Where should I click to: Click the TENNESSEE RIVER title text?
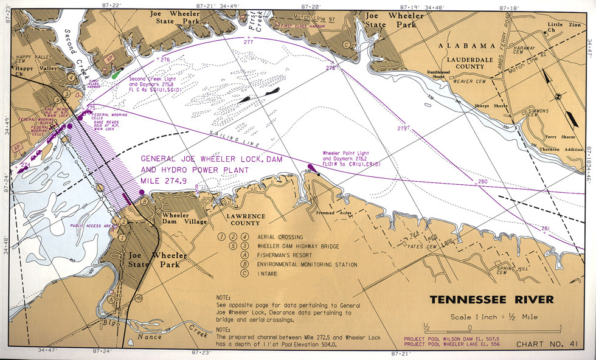click(492, 300)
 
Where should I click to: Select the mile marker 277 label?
click(248, 42)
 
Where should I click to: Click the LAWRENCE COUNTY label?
click(246, 220)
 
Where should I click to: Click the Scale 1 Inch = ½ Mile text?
click(494, 317)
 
